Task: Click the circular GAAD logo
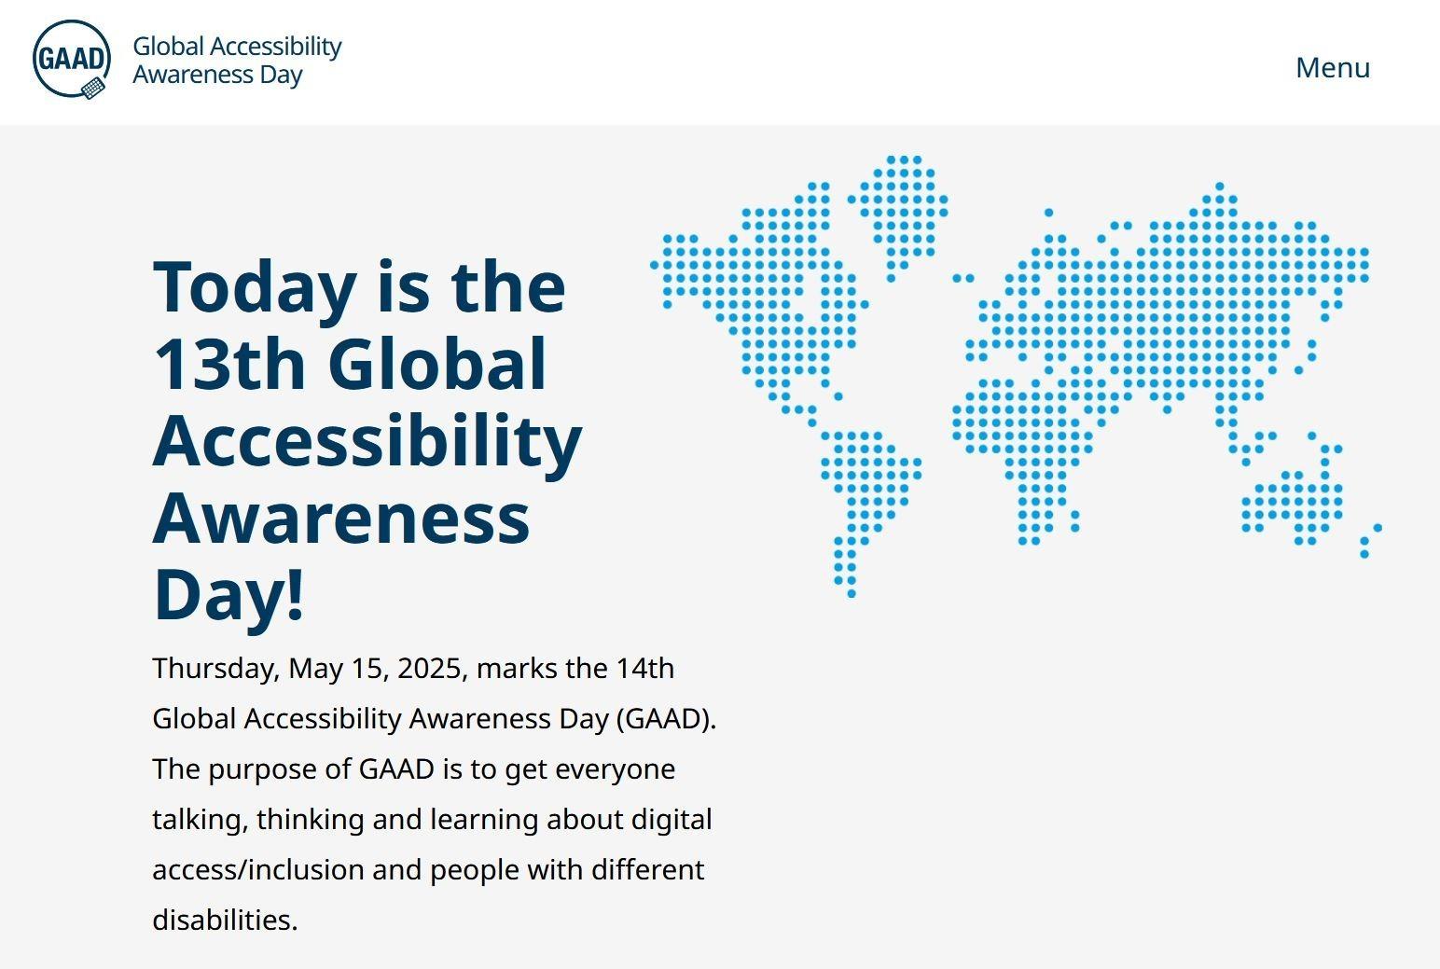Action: point(72,59)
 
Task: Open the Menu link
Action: point(1333,67)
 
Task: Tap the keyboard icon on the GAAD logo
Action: point(93,88)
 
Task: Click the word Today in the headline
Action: point(256,288)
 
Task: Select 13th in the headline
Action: point(229,364)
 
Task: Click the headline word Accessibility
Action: point(367,442)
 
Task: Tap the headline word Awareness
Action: point(341,519)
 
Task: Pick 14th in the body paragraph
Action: point(644,668)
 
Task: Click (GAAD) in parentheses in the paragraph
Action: point(666,719)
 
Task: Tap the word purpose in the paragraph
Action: point(262,770)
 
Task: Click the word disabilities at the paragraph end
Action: point(225,920)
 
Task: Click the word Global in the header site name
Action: point(169,47)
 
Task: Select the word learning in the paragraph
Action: point(484,821)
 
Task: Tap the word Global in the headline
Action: point(437,364)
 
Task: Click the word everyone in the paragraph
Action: point(616,770)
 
